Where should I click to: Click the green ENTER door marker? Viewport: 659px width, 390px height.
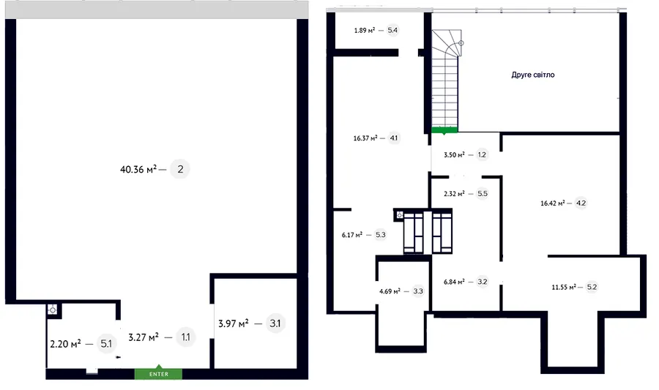tap(158, 373)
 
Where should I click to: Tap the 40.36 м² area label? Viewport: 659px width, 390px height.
tap(138, 170)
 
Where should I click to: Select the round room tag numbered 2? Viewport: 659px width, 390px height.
tap(180, 169)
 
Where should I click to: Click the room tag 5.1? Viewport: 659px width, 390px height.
tap(106, 344)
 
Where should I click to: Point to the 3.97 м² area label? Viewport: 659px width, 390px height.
tap(234, 323)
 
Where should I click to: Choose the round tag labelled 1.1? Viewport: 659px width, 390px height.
tap(185, 337)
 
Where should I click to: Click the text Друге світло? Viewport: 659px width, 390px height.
tap(533, 75)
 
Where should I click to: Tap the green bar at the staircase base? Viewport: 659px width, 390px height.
tap(444, 130)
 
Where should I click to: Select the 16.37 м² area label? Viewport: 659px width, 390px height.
tap(365, 138)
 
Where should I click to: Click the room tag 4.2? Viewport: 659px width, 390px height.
tap(581, 203)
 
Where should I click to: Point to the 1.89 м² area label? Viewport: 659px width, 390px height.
tap(365, 30)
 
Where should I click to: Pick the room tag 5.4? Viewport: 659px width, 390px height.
tap(392, 30)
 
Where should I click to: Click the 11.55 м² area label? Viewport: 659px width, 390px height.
tap(564, 288)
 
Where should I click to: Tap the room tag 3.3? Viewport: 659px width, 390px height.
tap(418, 291)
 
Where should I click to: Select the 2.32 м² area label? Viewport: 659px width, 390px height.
tap(454, 194)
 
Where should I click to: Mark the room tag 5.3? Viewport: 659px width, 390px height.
tap(380, 235)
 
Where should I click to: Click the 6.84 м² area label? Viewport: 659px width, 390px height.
tap(454, 282)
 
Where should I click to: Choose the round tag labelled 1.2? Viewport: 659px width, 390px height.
tap(482, 155)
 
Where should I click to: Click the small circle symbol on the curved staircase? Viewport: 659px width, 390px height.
tap(461, 43)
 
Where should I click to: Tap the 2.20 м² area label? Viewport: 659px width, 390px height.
tap(66, 344)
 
